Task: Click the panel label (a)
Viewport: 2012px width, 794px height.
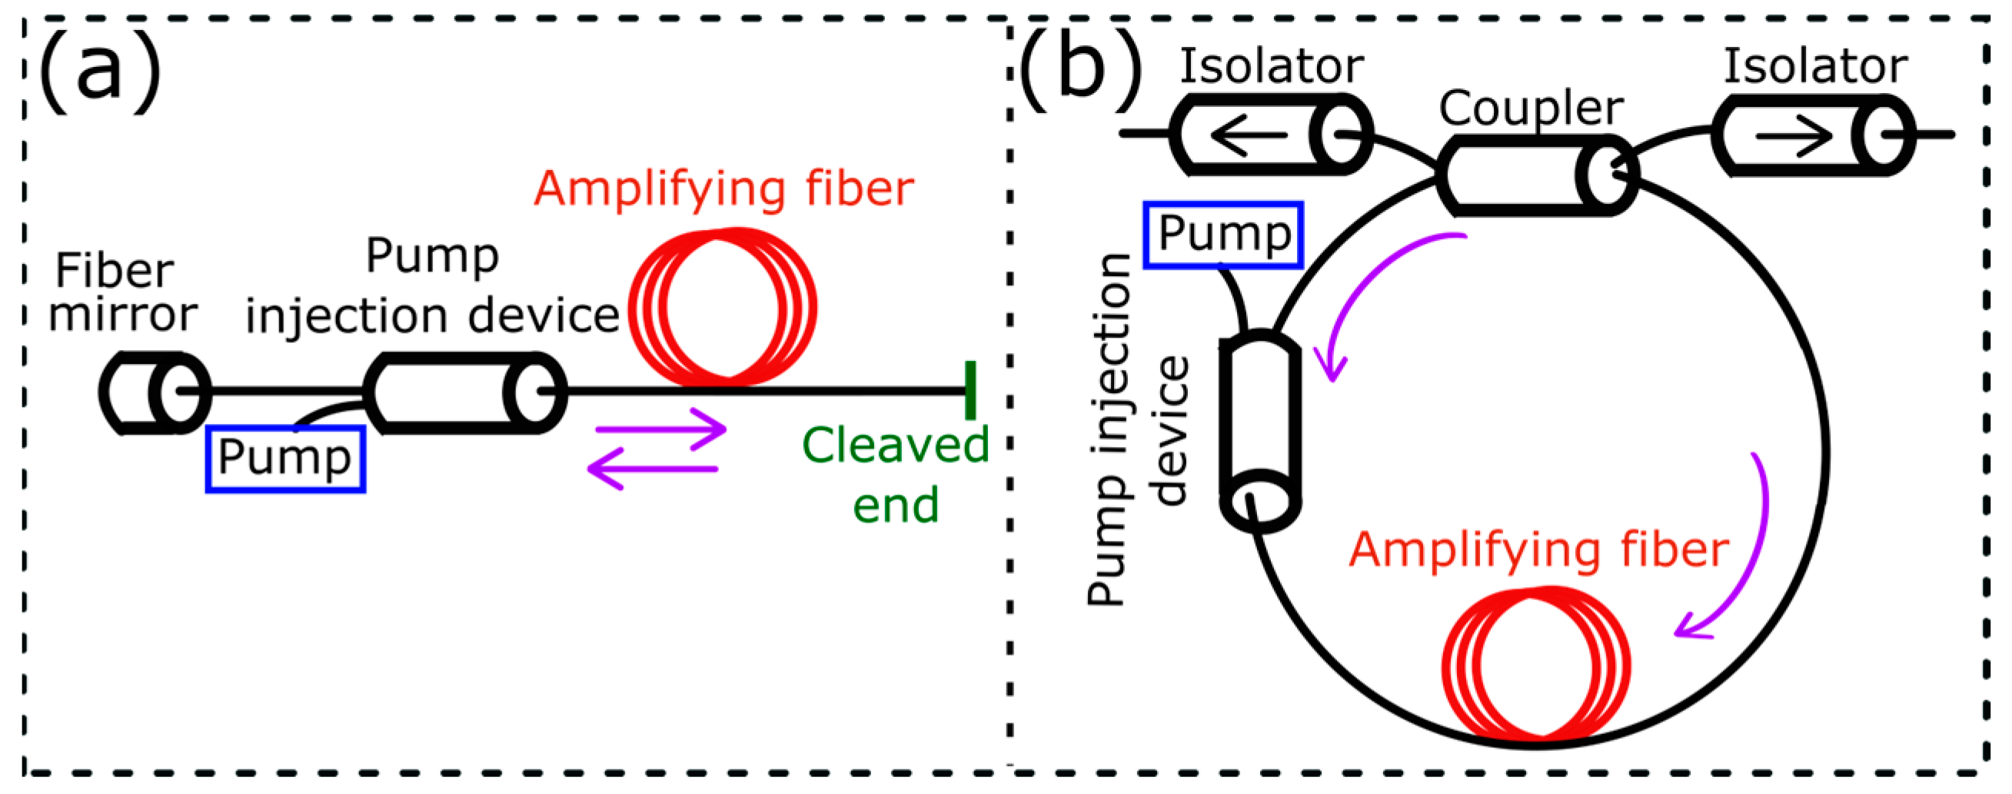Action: pyautogui.click(x=100, y=72)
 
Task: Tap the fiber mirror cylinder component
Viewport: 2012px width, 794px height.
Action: pyautogui.click(x=155, y=392)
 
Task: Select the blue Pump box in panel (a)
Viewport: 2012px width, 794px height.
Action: pyautogui.click(x=284, y=458)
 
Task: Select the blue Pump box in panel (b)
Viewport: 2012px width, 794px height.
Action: pyautogui.click(x=1222, y=235)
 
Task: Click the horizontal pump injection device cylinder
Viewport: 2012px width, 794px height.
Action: pyautogui.click(x=464, y=392)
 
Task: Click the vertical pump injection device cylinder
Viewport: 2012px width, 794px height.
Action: pyautogui.click(x=1260, y=432)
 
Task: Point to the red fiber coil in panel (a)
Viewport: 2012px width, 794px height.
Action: pyautogui.click(x=723, y=307)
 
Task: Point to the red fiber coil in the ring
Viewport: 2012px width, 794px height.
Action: pyautogui.click(x=1535, y=664)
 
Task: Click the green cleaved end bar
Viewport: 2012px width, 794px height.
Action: pyautogui.click(x=969, y=390)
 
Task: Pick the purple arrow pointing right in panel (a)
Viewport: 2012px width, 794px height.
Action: pyautogui.click(x=660, y=429)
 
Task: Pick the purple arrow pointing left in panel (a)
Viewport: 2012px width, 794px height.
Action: pyautogui.click(x=651, y=469)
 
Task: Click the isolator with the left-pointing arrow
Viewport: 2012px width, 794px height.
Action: pyautogui.click(x=1269, y=134)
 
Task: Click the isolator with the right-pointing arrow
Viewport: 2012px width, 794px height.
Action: pyautogui.click(x=1812, y=135)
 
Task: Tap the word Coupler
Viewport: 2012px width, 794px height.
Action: pyautogui.click(x=1531, y=107)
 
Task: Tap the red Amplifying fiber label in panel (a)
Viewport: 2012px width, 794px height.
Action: pyautogui.click(x=723, y=188)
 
